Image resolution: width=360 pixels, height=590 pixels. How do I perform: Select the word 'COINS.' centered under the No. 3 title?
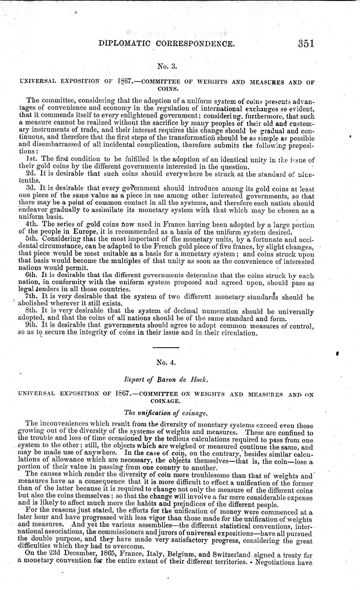click(x=165, y=90)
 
